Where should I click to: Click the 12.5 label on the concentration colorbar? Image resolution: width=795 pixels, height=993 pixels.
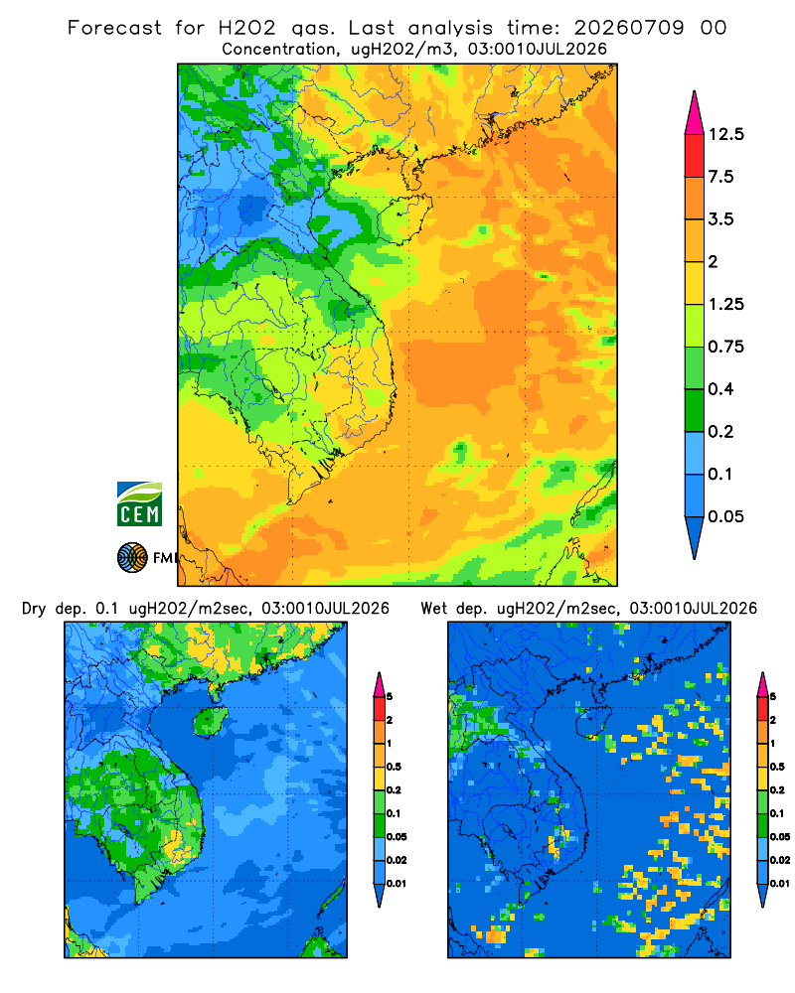[x=725, y=134]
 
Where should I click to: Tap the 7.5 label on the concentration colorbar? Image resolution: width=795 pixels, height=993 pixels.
[x=720, y=177]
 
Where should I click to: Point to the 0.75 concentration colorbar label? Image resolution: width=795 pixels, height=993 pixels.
[x=725, y=347]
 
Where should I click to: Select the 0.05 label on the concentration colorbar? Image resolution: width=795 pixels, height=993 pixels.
[x=725, y=516]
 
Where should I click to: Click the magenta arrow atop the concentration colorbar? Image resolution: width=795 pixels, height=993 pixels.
[x=695, y=114]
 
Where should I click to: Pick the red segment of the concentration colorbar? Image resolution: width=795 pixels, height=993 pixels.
[x=695, y=156]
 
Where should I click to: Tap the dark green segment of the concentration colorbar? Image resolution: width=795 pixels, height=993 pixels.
[x=695, y=410]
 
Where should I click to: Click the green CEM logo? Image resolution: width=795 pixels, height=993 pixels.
[x=139, y=504]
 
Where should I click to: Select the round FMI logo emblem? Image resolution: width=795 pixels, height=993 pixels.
[x=132, y=558]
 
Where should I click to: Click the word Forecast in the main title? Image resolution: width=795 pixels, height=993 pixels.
[x=114, y=28]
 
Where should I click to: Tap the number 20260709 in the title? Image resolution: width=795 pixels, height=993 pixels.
[x=629, y=28]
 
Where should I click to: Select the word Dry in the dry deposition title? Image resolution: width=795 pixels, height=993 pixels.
[x=34, y=609]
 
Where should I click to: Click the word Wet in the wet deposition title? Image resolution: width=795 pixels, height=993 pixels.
[x=433, y=609]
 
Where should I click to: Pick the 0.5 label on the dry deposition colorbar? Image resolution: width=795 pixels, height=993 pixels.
[x=394, y=767]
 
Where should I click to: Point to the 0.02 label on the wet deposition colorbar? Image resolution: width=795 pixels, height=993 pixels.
[x=780, y=860]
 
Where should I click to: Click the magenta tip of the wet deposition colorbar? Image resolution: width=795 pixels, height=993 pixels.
[x=762, y=684]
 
